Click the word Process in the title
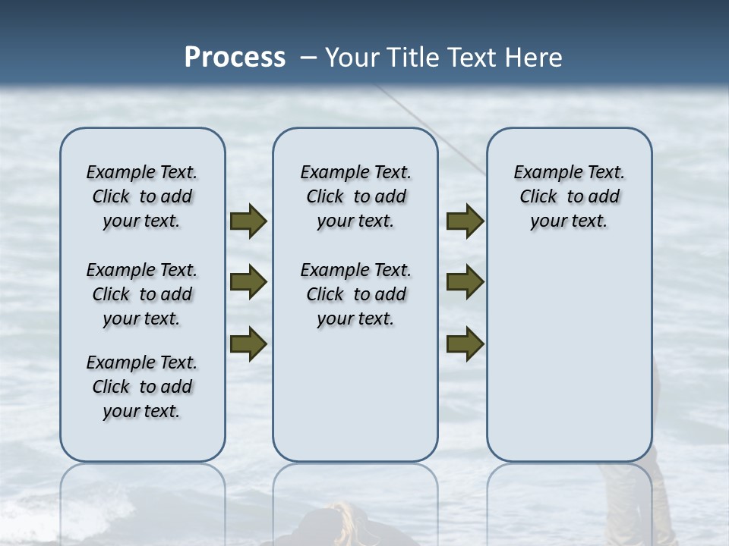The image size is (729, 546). (x=235, y=57)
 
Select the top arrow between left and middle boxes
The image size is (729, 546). (x=248, y=221)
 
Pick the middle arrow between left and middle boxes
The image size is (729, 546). (x=248, y=282)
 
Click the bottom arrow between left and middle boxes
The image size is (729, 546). (x=248, y=344)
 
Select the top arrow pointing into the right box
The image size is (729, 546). (x=465, y=221)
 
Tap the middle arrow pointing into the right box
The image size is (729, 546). (x=465, y=282)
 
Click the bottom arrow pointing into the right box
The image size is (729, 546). (x=465, y=344)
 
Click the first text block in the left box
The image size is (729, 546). (x=142, y=196)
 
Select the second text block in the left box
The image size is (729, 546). (x=142, y=294)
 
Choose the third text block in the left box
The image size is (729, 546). (x=142, y=387)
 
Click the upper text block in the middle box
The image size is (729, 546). (x=355, y=196)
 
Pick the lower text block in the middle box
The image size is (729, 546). (x=355, y=294)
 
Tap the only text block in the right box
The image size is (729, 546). (x=570, y=196)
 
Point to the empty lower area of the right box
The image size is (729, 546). (x=570, y=356)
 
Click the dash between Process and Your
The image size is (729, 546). (x=308, y=57)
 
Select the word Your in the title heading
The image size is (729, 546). (x=353, y=57)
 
